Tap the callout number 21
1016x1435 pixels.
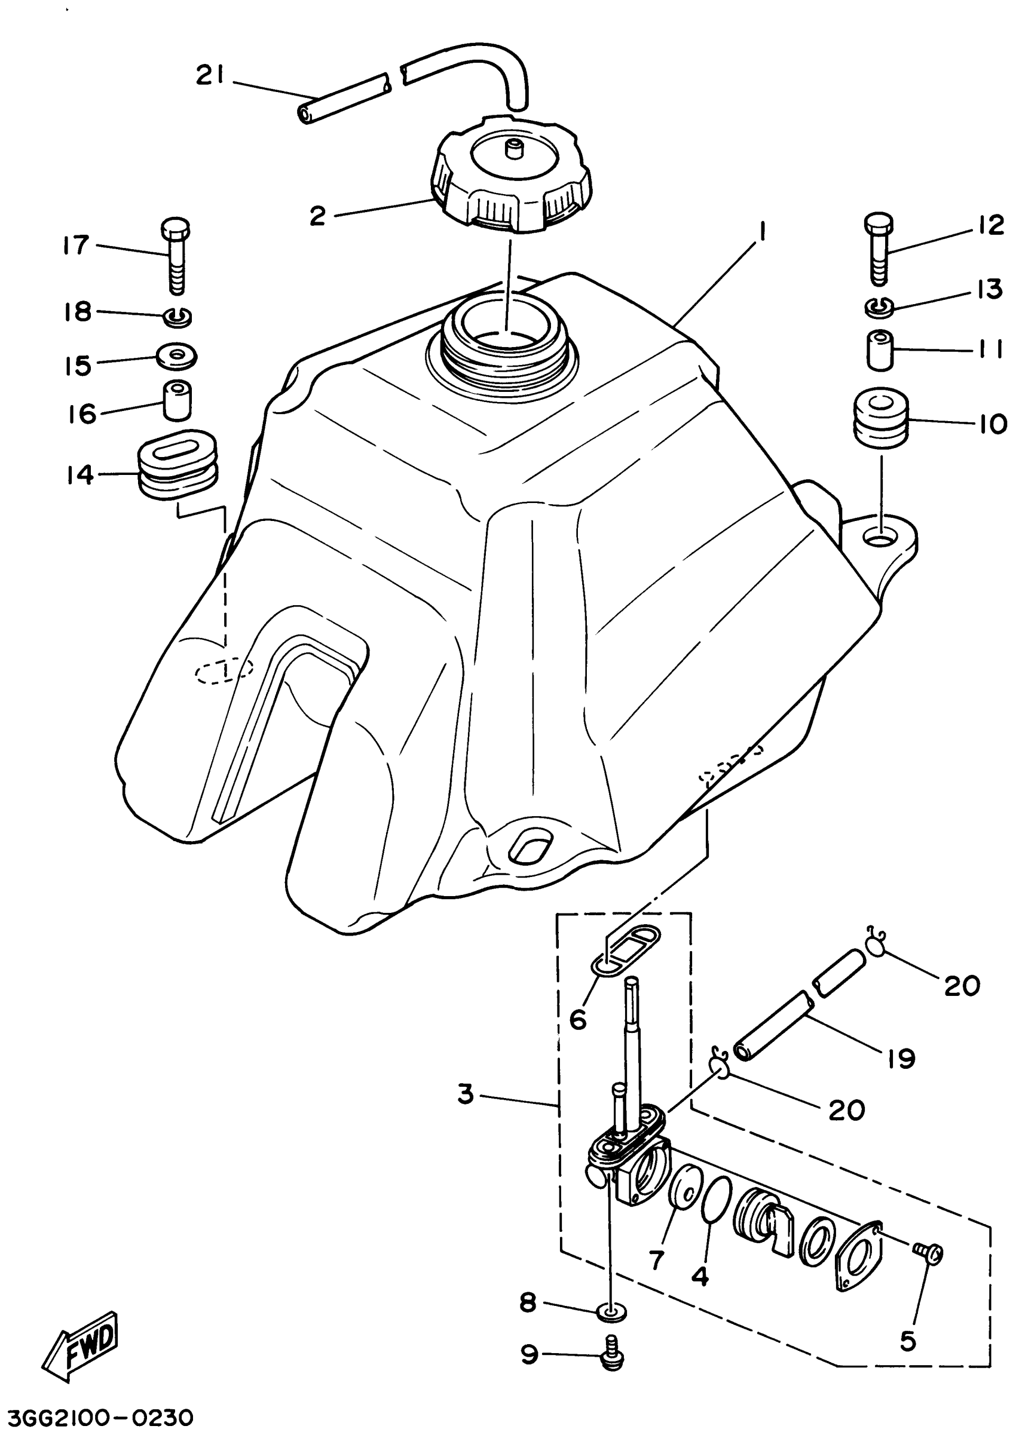(x=213, y=76)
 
